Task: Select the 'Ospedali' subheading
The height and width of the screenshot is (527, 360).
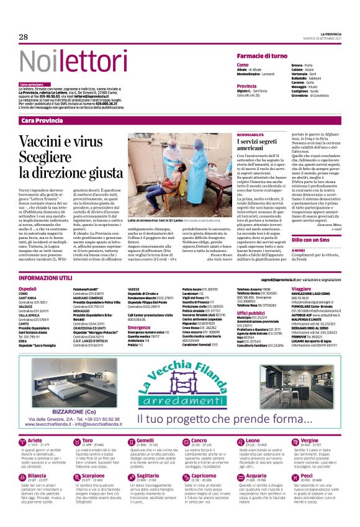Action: pyautogui.click(x=28, y=289)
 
